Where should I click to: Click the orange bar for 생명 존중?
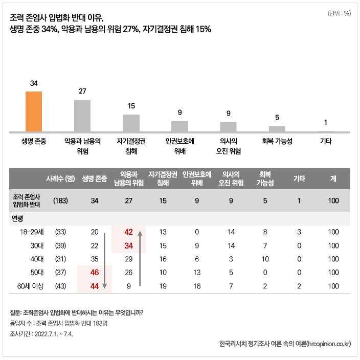point(34,112)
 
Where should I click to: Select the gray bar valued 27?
point(82,116)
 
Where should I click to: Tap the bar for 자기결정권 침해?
point(131,123)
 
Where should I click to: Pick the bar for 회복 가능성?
point(277,129)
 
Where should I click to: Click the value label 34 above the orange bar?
point(34,83)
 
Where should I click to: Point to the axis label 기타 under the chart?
point(325,141)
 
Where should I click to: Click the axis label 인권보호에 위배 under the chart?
point(179,146)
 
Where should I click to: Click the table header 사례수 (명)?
point(60,179)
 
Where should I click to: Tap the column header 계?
point(333,179)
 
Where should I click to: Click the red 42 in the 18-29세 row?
point(128,232)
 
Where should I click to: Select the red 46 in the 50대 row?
point(94,273)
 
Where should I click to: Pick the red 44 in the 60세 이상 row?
point(94,286)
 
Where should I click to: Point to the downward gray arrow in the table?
point(104,261)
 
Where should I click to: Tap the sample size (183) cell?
point(60,201)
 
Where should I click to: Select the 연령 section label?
point(18,218)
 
